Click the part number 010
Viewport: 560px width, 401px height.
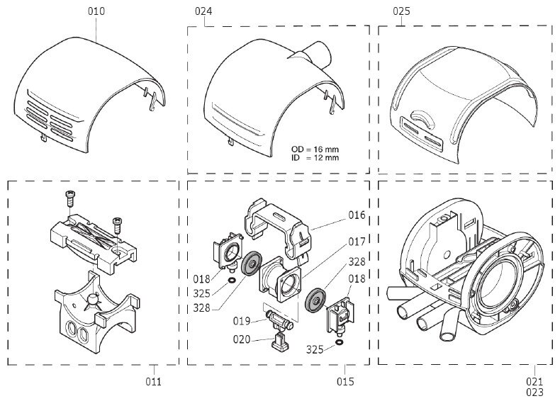click(x=96, y=12)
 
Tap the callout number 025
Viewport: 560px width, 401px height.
click(x=401, y=12)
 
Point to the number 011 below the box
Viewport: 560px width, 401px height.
click(x=154, y=382)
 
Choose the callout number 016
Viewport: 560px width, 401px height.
click(x=357, y=215)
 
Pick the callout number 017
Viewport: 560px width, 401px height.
click(x=357, y=242)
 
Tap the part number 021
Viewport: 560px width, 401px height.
click(x=534, y=382)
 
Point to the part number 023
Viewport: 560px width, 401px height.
click(x=534, y=392)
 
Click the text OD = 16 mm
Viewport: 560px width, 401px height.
click(x=315, y=149)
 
